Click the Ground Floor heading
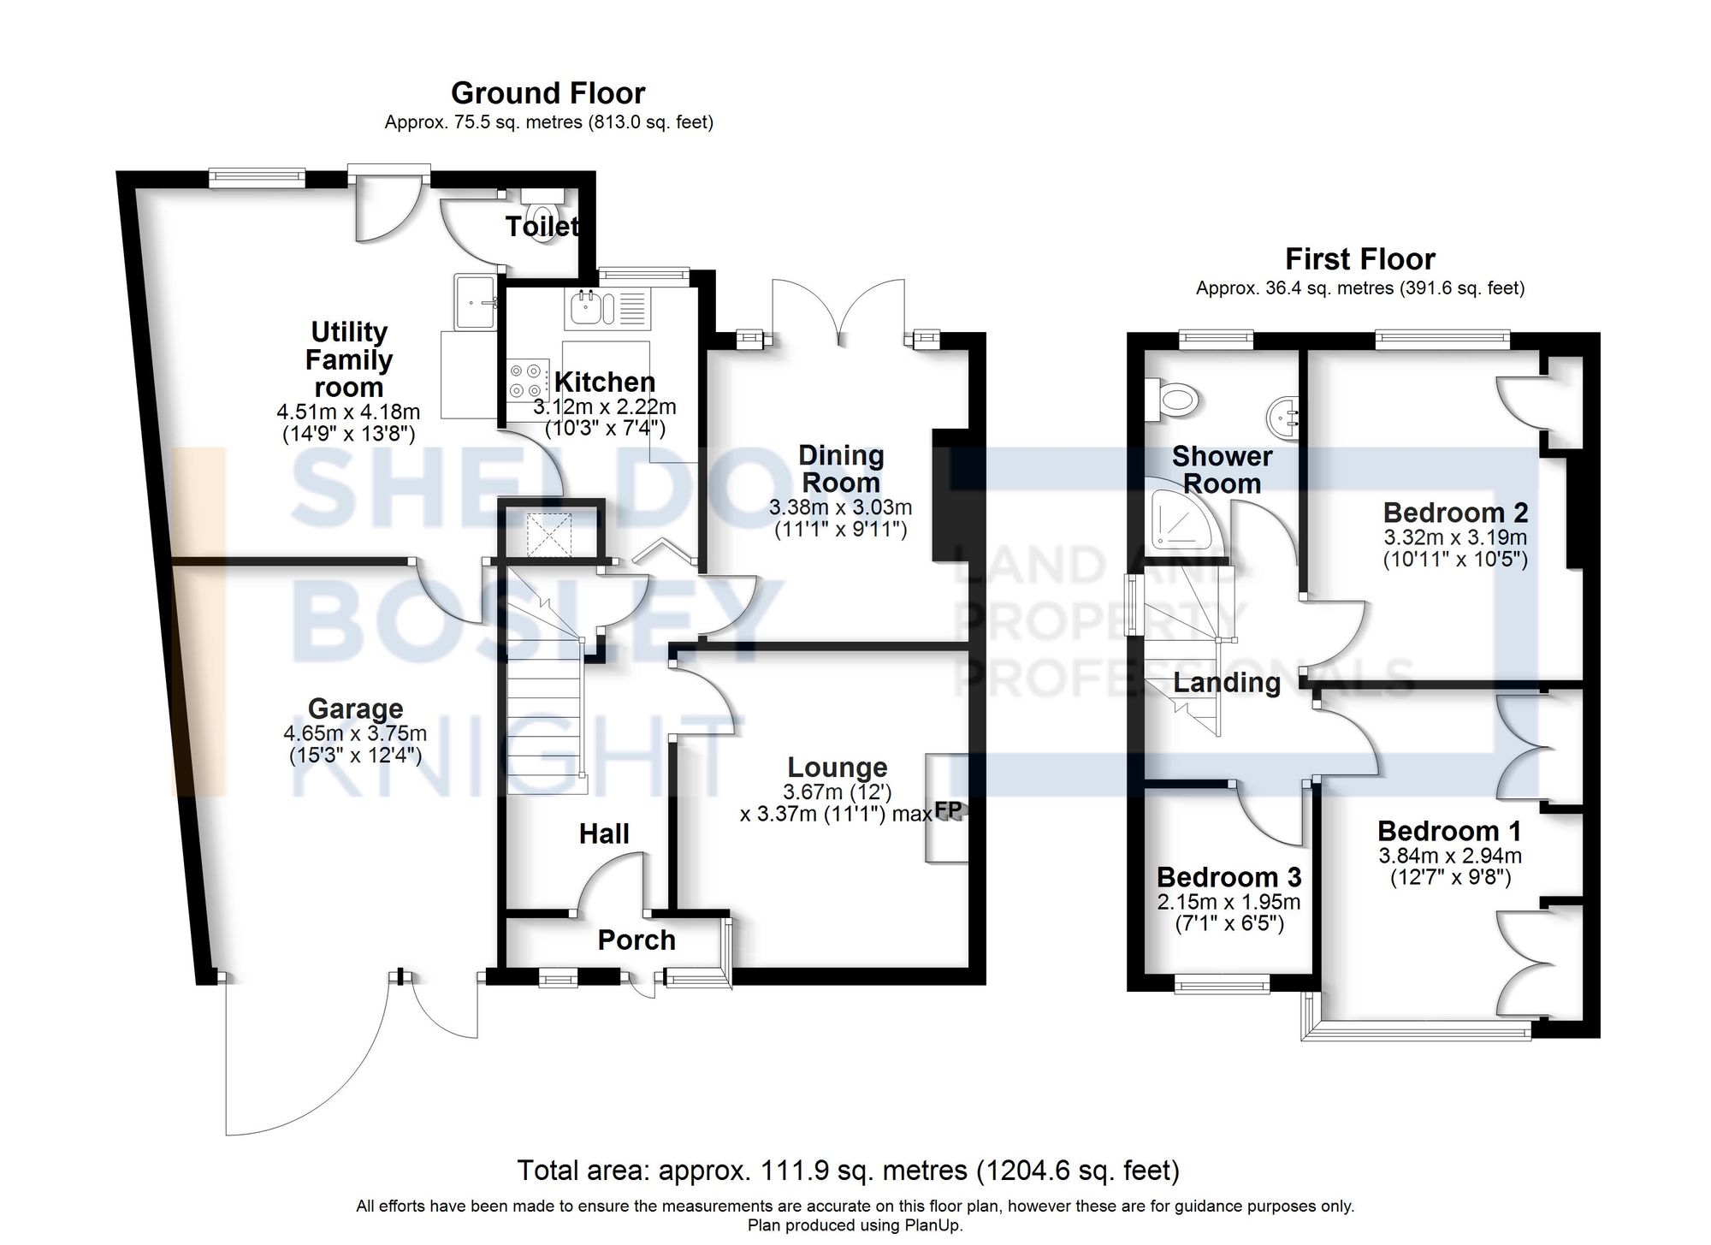[548, 93]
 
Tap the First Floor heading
[1359, 259]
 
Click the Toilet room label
[542, 227]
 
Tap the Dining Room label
[840, 469]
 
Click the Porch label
[636, 940]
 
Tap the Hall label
[604, 833]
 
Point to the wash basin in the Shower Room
[1282, 420]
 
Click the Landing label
[1227, 683]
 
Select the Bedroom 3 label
[1228, 877]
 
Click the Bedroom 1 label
[1449, 831]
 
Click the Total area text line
[848, 1170]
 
